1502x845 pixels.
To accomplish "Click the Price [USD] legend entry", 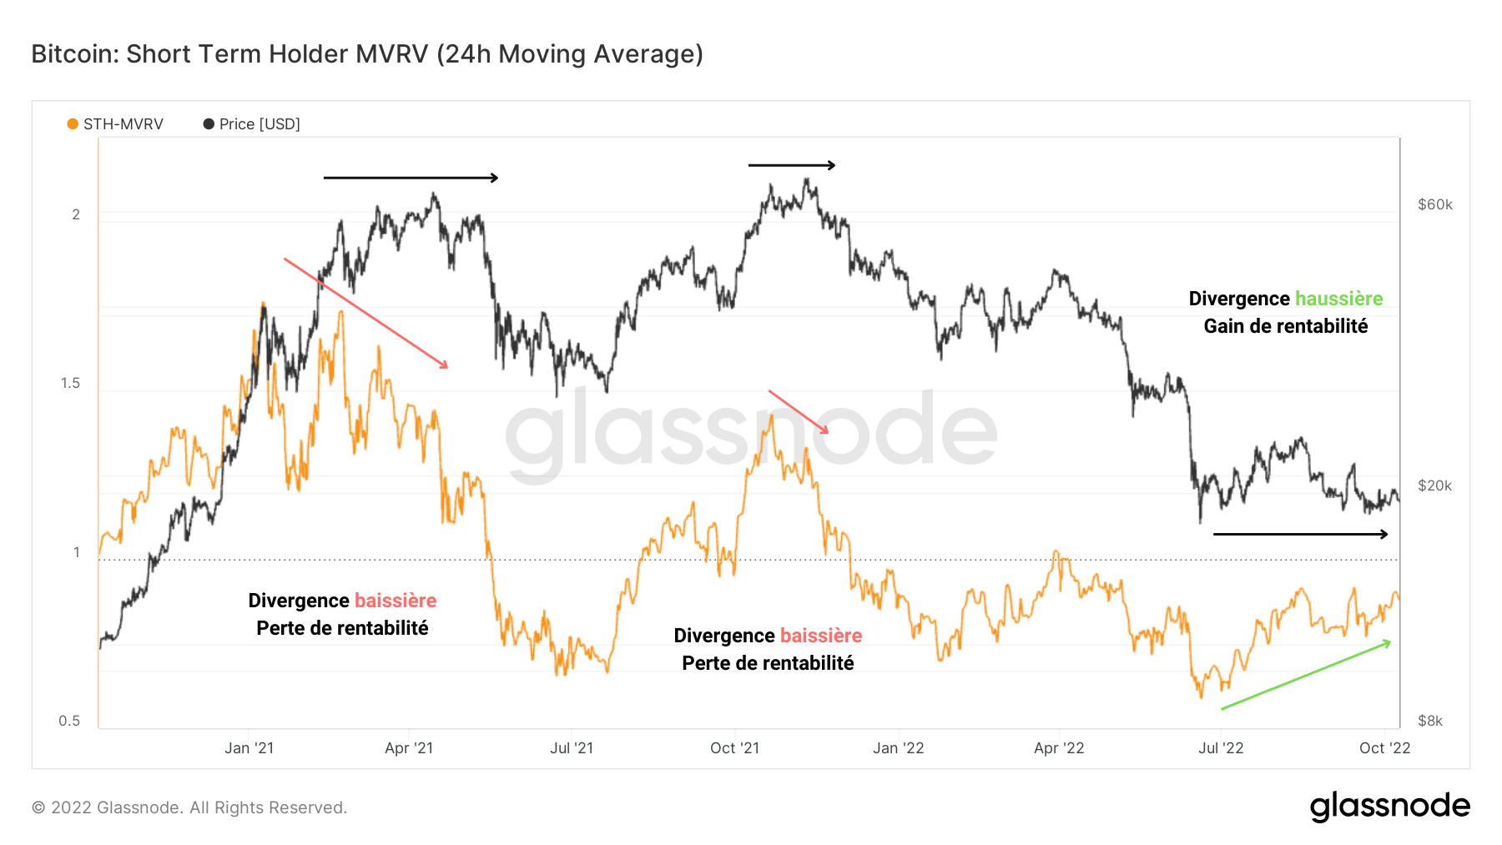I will point(251,124).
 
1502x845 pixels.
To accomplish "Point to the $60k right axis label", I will point(1434,204).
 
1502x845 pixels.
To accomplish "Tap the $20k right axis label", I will point(1434,485).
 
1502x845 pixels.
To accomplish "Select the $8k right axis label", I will point(1429,721).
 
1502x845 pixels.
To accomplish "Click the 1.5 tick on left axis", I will point(70,383).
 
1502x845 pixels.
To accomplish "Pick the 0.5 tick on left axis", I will point(69,721).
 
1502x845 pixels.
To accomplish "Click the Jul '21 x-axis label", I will point(572,748).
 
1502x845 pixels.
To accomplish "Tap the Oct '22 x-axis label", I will point(1384,748).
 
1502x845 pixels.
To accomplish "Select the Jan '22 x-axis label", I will point(898,748).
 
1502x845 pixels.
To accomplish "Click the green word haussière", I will point(1338,299).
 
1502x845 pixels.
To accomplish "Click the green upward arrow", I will point(1306,675).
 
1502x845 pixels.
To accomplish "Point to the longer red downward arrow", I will point(365,313).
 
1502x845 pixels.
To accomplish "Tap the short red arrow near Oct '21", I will point(799,412).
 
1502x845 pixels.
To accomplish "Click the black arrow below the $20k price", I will point(1300,534).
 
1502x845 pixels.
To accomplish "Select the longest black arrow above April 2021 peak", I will point(411,178).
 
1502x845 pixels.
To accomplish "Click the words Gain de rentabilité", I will point(1285,326).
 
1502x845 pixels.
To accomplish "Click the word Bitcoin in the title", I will point(73,54).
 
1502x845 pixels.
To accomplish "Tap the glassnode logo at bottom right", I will point(1389,807).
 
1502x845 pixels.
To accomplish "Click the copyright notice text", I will point(189,807).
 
